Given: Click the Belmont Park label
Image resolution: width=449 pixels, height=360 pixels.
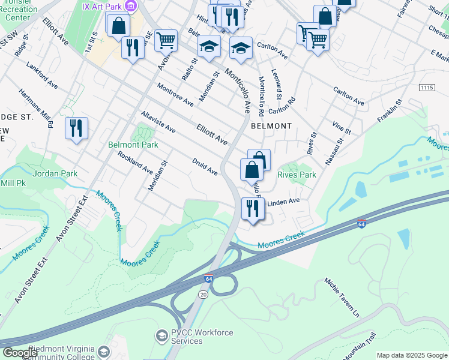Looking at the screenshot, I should tap(133, 145).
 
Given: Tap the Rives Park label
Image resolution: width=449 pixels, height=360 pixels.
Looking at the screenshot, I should tap(297, 175).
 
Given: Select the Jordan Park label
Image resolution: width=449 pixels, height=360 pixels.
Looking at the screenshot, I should tap(56, 173).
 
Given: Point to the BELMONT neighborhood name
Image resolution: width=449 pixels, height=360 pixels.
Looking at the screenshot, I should tap(271, 127).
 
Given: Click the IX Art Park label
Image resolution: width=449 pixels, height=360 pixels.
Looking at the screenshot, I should tap(106, 6).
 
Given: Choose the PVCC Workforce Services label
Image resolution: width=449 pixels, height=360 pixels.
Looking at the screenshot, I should tap(186, 337).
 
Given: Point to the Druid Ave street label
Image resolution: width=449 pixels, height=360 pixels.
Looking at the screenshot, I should tap(205, 167).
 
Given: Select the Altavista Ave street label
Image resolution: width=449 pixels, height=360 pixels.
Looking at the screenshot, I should tap(158, 122).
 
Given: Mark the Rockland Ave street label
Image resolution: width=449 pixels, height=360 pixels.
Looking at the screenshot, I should tap(135, 163).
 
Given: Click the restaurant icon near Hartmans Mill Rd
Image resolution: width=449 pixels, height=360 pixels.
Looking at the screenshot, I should tap(76, 128).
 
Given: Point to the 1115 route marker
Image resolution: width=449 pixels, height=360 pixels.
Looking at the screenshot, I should tap(427, 88).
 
